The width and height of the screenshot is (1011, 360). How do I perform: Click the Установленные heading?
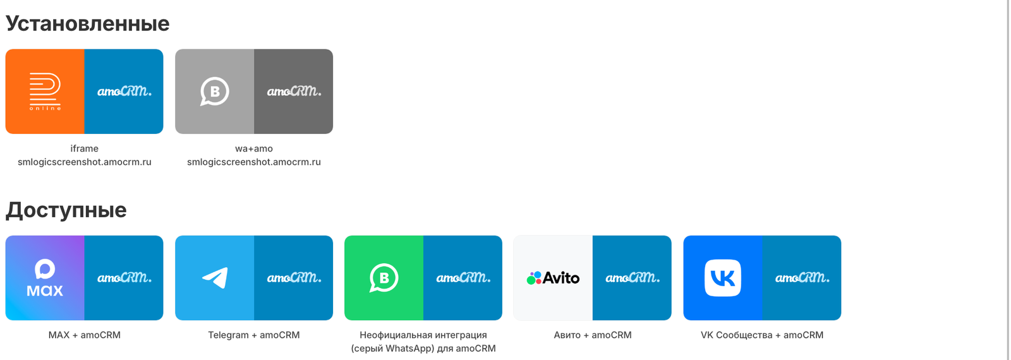(88, 24)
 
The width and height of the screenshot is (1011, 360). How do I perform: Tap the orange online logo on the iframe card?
(45, 92)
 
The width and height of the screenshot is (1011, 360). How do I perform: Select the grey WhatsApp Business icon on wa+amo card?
(214, 92)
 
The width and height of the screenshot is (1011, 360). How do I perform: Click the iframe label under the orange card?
(85, 148)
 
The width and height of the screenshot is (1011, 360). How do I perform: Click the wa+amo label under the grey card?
(254, 148)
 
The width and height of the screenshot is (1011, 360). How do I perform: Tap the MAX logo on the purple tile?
(45, 278)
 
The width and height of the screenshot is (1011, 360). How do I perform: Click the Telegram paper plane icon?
(215, 278)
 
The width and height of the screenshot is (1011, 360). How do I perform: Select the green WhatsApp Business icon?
(384, 278)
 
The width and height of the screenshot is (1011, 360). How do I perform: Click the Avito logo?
(553, 278)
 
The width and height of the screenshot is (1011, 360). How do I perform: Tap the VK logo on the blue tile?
(723, 278)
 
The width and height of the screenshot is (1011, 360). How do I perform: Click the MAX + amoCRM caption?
(85, 335)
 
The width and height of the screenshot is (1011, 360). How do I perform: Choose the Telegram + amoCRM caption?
(254, 335)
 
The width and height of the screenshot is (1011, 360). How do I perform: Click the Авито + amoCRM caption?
(593, 335)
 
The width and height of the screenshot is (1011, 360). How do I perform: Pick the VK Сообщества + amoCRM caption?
(762, 335)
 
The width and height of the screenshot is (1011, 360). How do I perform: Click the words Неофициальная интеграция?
(423, 335)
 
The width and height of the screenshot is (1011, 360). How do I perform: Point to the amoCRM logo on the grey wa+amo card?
(294, 91)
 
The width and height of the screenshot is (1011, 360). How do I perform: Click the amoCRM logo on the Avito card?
(633, 277)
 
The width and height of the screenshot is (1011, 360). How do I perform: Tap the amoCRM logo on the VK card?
(802, 277)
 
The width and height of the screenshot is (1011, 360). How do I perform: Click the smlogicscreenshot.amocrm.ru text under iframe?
(85, 162)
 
